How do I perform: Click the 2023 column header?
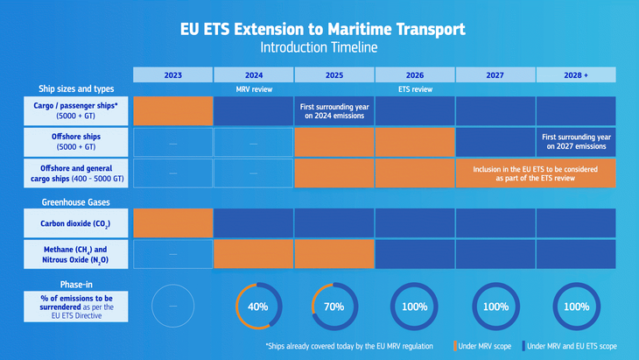pos(172,74)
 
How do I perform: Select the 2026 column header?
pos(415,74)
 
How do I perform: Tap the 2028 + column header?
pos(576,74)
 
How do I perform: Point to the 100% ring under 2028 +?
pos(576,307)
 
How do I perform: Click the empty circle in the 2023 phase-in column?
pos(172,307)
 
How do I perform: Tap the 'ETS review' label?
pos(415,89)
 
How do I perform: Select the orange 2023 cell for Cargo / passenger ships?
pos(172,110)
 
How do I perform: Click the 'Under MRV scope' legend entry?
pos(482,346)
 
